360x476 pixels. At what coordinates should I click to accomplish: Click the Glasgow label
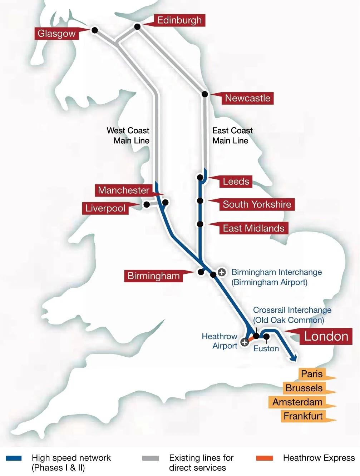(x=56, y=34)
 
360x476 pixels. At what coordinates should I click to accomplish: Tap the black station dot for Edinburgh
(x=137, y=26)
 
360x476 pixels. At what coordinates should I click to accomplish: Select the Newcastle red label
(x=247, y=98)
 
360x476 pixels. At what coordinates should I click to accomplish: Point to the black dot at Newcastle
(x=205, y=94)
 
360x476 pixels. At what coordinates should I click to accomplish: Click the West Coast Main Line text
(x=128, y=135)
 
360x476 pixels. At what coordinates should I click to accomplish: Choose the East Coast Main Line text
(x=232, y=135)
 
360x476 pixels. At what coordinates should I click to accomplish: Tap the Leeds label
(x=236, y=182)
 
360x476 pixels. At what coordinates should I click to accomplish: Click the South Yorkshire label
(x=257, y=204)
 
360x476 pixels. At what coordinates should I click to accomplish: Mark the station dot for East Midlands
(x=200, y=224)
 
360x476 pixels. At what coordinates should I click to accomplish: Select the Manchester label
(x=123, y=190)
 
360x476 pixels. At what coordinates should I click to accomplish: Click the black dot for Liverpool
(x=147, y=204)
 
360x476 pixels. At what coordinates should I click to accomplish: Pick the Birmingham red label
(x=153, y=276)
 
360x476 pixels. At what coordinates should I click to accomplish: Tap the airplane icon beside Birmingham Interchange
(x=222, y=272)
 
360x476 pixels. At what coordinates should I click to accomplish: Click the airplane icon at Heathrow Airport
(x=245, y=342)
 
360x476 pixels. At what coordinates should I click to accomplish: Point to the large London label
(x=326, y=336)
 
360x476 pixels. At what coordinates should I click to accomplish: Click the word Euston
(x=266, y=348)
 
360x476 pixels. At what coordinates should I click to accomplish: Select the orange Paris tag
(x=312, y=374)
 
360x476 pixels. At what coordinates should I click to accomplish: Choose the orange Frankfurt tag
(x=303, y=416)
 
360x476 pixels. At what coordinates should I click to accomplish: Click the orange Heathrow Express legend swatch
(x=265, y=458)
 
